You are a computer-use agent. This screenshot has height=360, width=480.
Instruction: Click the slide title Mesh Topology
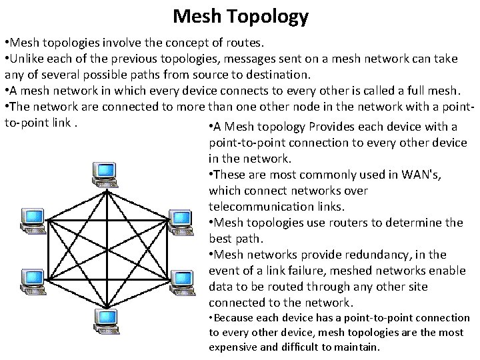pos(240,15)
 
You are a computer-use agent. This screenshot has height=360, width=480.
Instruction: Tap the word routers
pos(354,223)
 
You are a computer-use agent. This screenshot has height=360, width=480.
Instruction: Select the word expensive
pos(233,347)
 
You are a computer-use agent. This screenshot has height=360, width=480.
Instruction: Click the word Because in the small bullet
pos(237,318)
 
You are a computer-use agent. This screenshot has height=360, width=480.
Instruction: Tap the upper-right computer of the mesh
pos(180,219)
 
